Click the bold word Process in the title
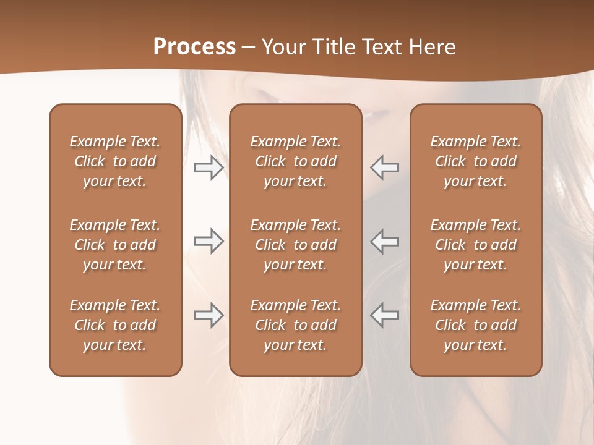(x=194, y=47)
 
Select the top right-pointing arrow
(x=209, y=167)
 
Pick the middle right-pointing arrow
(x=209, y=241)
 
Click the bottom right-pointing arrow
(x=209, y=315)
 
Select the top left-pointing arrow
(x=385, y=167)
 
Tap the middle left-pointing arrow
(x=385, y=241)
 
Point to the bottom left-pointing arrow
(x=385, y=315)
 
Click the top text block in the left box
(x=115, y=161)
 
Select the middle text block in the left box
(x=115, y=245)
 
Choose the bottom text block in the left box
(x=115, y=325)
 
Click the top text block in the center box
(x=295, y=161)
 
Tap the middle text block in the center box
(x=295, y=245)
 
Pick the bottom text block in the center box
(x=295, y=325)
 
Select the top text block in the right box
(x=475, y=161)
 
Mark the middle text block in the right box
(x=475, y=245)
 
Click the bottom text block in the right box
(x=475, y=325)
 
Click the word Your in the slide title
(x=283, y=47)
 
